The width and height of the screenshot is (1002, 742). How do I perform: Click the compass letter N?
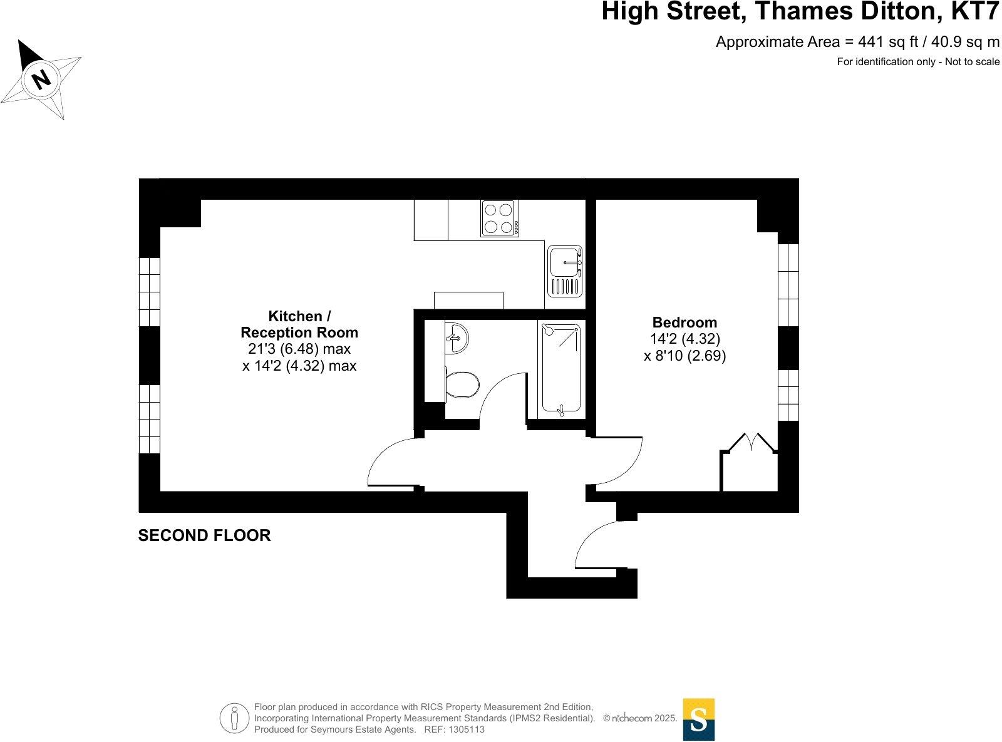(41, 79)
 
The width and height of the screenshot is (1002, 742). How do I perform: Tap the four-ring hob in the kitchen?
(499, 218)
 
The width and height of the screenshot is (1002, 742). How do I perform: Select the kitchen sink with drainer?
(565, 271)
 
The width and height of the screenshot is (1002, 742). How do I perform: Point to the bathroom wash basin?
(457, 339)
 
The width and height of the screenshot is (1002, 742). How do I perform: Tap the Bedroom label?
(684, 322)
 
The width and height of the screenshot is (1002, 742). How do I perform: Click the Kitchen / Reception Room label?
(299, 324)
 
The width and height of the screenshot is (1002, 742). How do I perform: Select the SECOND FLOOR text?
(204, 535)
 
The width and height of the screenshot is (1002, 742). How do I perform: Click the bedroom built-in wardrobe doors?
(750, 442)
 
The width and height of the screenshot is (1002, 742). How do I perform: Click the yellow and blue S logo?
(698, 719)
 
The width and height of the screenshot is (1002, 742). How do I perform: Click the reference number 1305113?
(465, 729)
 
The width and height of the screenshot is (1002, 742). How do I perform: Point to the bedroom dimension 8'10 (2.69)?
(684, 356)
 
